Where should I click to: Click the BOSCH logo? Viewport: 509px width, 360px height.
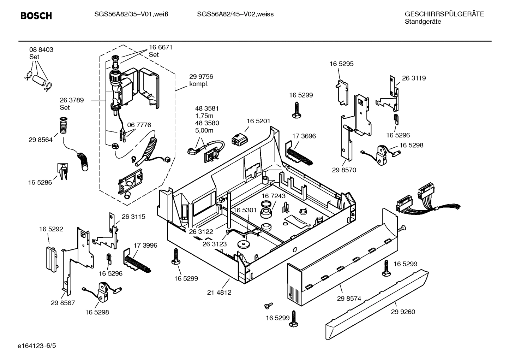coord(36,16)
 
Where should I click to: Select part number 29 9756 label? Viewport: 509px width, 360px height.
coord(201,77)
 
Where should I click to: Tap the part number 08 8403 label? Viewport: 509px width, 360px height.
coord(41,50)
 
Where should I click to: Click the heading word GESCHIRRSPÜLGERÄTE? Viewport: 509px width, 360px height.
coord(444,14)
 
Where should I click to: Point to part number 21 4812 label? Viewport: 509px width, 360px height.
coord(219,293)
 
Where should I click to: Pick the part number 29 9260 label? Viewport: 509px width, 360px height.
coord(403,312)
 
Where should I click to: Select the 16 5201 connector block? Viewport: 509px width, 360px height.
coord(239,138)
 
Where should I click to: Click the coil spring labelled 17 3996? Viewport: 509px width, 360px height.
coord(137,263)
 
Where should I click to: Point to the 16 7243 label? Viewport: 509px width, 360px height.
coord(274,196)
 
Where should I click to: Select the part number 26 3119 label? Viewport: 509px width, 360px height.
coord(414,78)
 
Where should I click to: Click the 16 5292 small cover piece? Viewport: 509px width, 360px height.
coord(52,258)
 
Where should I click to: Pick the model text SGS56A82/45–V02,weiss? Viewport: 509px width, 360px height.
coord(235,14)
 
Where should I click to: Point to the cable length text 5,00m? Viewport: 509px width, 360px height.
coord(204,130)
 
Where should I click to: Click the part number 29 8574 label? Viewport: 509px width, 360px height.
coord(349,299)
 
